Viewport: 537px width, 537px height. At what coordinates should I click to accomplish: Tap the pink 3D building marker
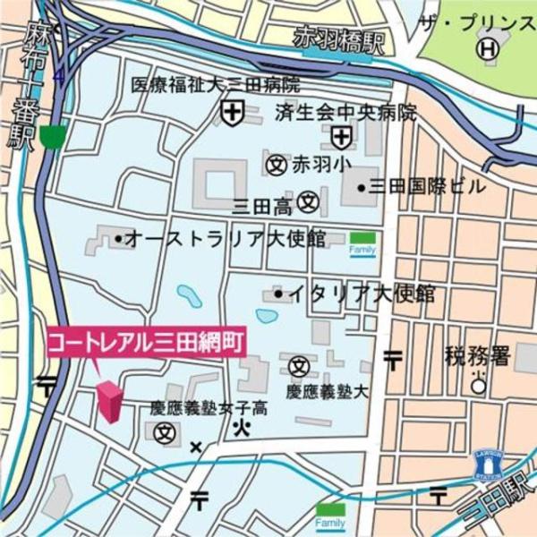(109, 400)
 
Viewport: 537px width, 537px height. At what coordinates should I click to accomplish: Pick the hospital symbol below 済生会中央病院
(341, 137)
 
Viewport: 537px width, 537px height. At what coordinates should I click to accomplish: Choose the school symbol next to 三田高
(309, 202)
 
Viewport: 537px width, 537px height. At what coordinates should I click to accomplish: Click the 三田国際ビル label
(422, 187)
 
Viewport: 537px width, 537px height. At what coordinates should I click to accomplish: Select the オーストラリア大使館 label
(224, 239)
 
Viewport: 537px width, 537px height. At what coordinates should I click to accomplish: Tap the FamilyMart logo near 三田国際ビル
(362, 243)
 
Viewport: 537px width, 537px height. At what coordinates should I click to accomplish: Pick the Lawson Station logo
(487, 465)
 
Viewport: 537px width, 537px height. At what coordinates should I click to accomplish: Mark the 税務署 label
(476, 357)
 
